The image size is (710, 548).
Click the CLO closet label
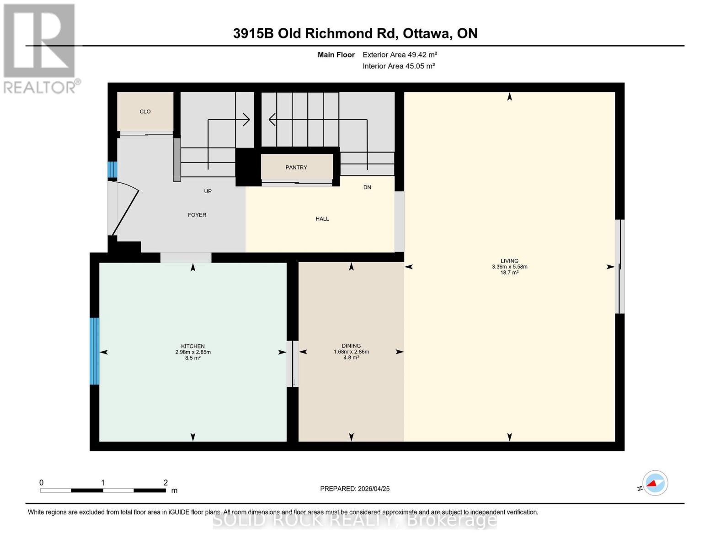[x=145, y=111]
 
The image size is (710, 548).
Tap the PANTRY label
[x=296, y=168]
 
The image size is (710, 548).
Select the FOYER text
[x=197, y=215]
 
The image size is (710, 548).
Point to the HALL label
[x=322, y=219]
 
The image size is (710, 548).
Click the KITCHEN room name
[x=193, y=346]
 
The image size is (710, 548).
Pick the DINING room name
[x=351, y=346]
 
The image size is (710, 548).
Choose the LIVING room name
[x=509, y=261]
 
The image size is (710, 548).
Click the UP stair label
[x=208, y=191]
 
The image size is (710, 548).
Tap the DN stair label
[x=367, y=187]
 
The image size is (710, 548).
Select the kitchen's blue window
[x=95, y=351]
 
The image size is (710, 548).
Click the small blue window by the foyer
[x=112, y=169]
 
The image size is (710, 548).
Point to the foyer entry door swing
[x=126, y=209]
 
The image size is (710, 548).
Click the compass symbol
[x=655, y=483]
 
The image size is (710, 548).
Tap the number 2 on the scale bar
[x=165, y=482]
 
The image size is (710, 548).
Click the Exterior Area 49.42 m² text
[x=400, y=55]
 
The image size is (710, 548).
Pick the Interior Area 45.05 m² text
[x=399, y=66]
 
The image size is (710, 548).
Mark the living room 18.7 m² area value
[x=509, y=273]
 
